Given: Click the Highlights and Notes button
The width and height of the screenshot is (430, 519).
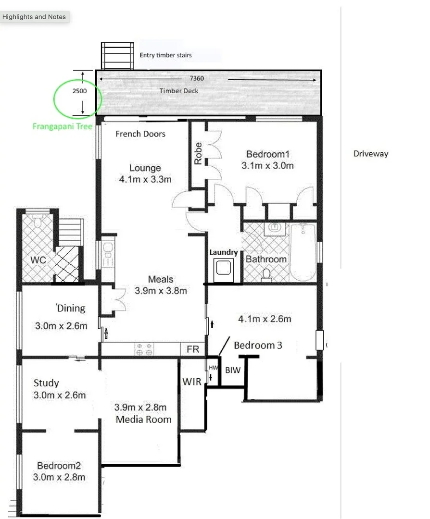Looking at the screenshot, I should point(34,17).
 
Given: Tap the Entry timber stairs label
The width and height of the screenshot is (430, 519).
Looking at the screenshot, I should point(165,55).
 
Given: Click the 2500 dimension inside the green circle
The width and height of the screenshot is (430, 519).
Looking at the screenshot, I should point(79,90).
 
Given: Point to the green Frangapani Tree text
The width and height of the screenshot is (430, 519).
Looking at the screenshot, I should point(62,127).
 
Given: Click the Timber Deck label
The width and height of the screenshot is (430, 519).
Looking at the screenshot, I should point(178,91).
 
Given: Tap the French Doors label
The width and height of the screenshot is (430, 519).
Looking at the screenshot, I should point(140,134).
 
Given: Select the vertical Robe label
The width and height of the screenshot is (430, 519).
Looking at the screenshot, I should point(198,153).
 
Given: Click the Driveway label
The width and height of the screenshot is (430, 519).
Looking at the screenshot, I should point(370,154).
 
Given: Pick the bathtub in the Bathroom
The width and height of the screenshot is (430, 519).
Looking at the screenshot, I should point(303,252).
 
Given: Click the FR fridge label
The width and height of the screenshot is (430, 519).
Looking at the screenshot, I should point(192,349).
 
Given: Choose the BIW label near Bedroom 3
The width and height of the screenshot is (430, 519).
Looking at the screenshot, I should point(232,371).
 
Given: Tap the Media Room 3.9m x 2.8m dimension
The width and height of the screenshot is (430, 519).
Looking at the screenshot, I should point(140,407).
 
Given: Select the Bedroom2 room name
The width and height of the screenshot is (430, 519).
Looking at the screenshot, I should point(59,466).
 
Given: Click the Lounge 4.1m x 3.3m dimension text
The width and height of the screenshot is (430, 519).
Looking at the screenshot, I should point(145,179).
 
